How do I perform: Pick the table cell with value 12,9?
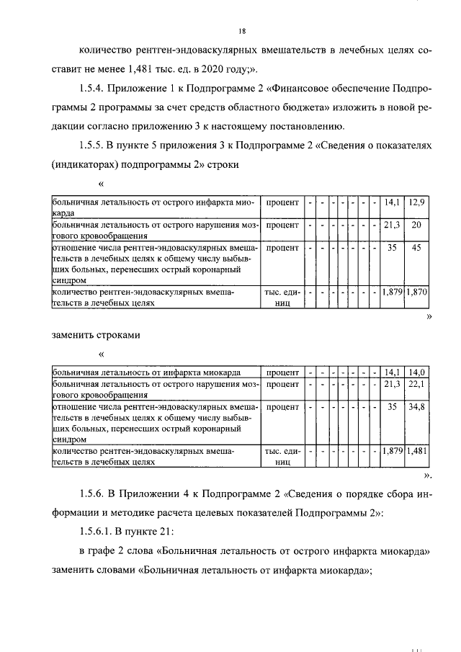point(417,203)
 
